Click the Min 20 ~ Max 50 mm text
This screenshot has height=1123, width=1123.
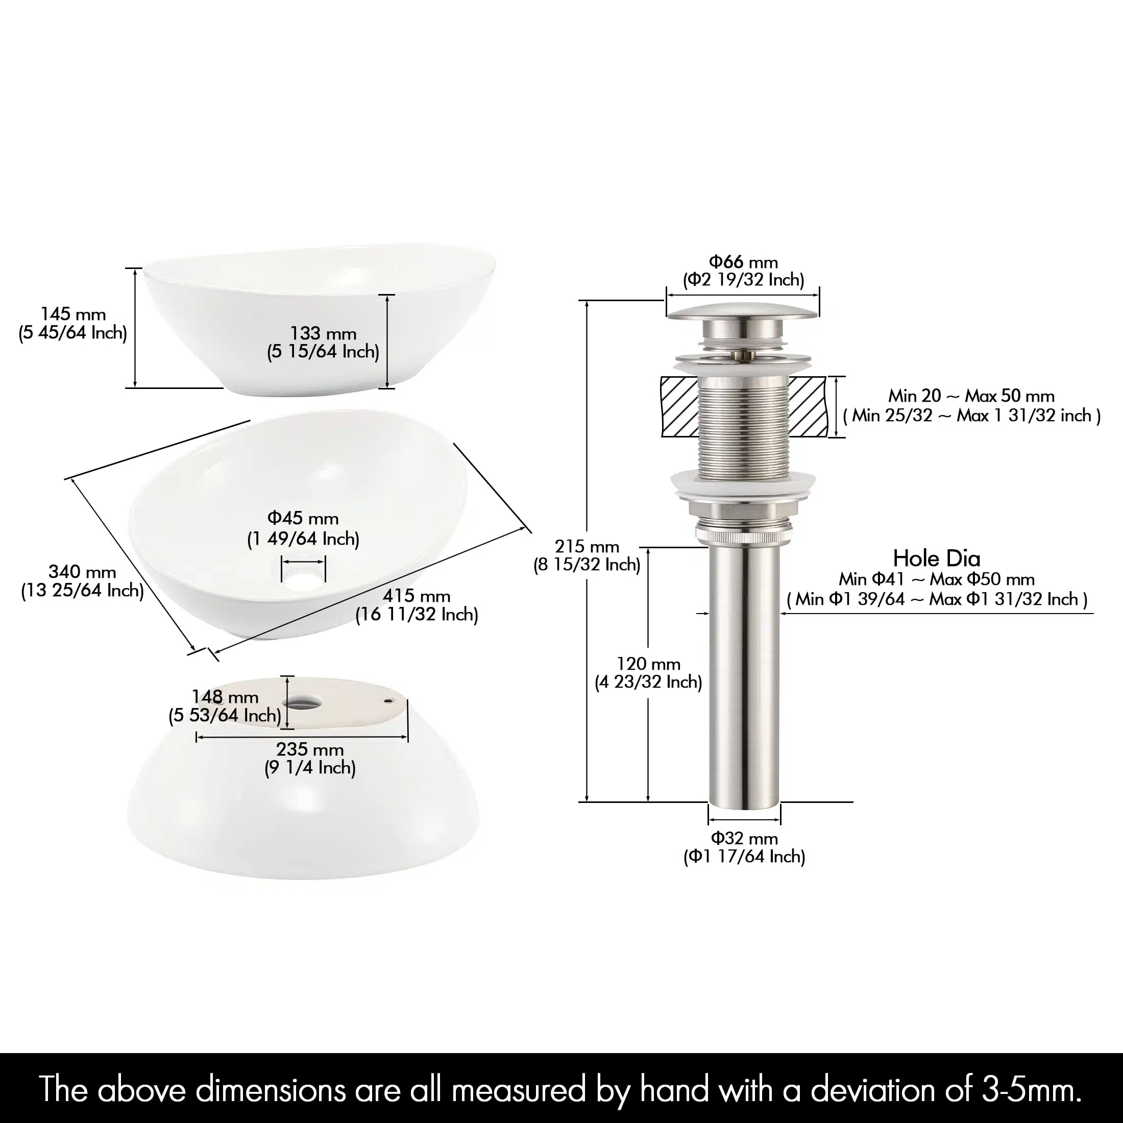click(971, 396)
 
